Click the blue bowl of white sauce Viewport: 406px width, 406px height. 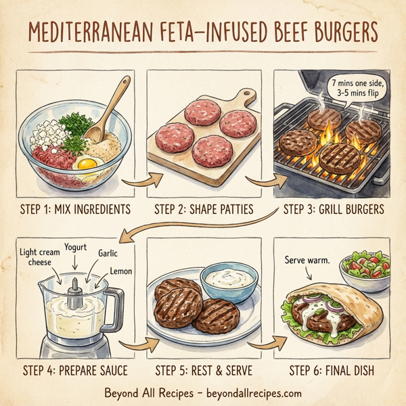pyautogui.click(x=229, y=279)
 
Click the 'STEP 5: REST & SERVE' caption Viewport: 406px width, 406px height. pyautogui.click(x=204, y=370)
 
